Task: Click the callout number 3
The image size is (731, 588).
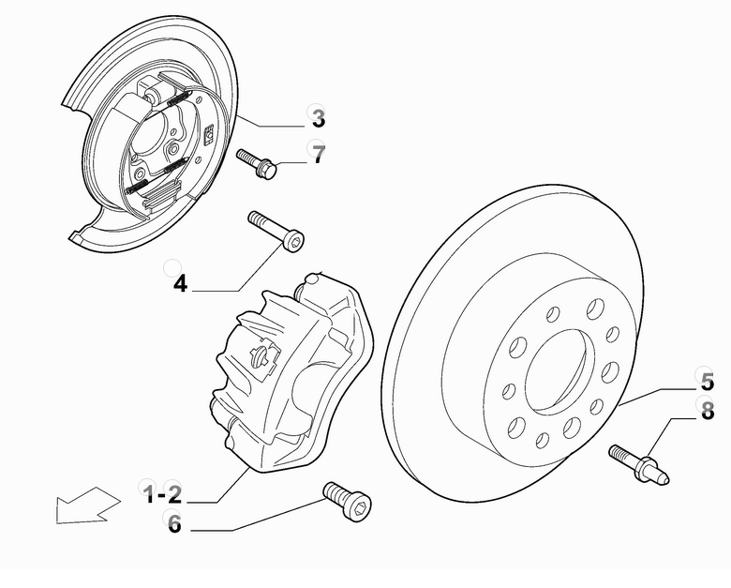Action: pyautogui.click(x=318, y=119)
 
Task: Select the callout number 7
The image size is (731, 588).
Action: pyautogui.click(x=319, y=155)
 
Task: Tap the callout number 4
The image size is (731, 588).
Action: pyautogui.click(x=180, y=282)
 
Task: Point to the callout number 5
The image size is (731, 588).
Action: pyautogui.click(x=707, y=382)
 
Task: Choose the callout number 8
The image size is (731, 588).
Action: pyautogui.click(x=707, y=410)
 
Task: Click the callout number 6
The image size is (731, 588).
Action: pyautogui.click(x=174, y=524)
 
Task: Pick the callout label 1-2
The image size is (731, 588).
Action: pyautogui.click(x=162, y=493)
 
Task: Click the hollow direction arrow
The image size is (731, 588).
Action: pyautogui.click(x=87, y=505)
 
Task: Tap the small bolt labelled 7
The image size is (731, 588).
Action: pyautogui.click(x=256, y=163)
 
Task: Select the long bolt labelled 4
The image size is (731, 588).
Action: pyautogui.click(x=276, y=232)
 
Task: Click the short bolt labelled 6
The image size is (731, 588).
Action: pyautogui.click(x=346, y=502)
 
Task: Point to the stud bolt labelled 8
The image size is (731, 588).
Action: pyautogui.click(x=639, y=464)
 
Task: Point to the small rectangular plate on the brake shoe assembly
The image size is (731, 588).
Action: pyautogui.click(x=207, y=136)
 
